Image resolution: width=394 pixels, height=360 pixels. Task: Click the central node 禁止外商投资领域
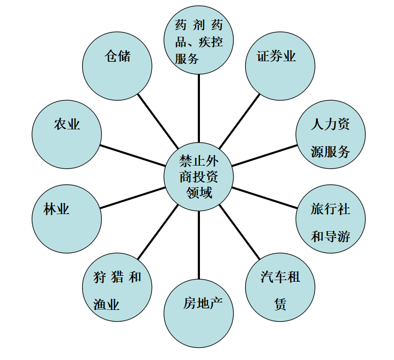[198, 176]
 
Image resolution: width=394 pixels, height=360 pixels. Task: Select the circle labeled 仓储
[117, 66]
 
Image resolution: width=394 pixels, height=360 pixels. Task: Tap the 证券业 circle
[280, 66]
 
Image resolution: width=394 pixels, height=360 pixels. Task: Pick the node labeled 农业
[67, 134]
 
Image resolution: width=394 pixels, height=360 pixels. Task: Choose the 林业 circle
[67, 219]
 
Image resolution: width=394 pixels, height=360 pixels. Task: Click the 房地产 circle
[198, 313]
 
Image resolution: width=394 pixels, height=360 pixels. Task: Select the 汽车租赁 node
[280, 287]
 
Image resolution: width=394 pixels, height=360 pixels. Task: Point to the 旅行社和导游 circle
[331, 219]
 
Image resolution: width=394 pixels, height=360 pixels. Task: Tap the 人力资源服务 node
[331, 134]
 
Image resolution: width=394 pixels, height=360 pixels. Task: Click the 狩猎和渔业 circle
[117, 287]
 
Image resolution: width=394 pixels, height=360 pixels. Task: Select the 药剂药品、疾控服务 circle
[198, 40]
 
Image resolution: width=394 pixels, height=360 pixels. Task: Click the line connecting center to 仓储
[158, 121]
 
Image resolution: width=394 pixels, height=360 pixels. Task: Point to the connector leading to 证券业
[239, 121]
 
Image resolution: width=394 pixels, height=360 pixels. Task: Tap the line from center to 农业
[133, 156]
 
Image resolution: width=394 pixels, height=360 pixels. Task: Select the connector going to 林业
[133, 198]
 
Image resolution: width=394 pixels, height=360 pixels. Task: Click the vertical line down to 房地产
[198, 245]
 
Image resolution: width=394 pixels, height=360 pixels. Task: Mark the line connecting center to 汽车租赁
[239, 232]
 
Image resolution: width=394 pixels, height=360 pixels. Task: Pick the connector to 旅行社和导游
[264, 198]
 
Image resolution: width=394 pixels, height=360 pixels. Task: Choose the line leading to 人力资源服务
[264, 156]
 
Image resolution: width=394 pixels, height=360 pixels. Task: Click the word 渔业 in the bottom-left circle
[106, 304]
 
